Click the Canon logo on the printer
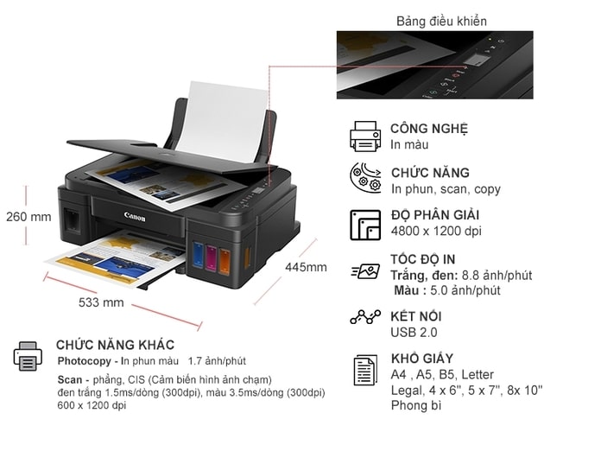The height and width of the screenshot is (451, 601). pyautogui.click(x=135, y=216)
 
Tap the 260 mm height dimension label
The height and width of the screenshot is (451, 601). pyautogui.click(x=28, y=217)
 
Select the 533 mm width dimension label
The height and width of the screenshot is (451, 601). pyautogui.click(x=101, y=302)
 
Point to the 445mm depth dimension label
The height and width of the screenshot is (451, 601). pyautogui.click(x=306, y=267)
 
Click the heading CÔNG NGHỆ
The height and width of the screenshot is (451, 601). pyautogui.click(x=428, y=129)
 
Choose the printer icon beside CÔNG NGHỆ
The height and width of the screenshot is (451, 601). pyautogui.click(x=364, y=136)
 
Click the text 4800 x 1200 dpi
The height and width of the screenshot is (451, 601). pyautogui.click(x=436, y=231)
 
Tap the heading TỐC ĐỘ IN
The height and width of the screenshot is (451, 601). pyautogui.click(x=423, y=259)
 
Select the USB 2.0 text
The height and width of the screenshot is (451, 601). pyautogui.click(x=414, y=332)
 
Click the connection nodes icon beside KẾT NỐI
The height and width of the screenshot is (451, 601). pyautogui.click(x=364, y=317)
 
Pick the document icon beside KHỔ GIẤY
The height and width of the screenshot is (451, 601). pyautogui.click(x=365, y=370)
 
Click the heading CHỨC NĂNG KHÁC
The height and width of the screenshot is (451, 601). pyautogui.click(x=115, y=345)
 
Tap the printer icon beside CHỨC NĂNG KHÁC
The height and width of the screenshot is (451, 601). pyautogui.click(x=28, y=355)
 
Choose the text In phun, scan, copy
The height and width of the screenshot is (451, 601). pyautogui.click(x=446, y=188)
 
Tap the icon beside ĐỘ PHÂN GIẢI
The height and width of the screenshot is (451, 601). pyautogui.click(x=364, y=225)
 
